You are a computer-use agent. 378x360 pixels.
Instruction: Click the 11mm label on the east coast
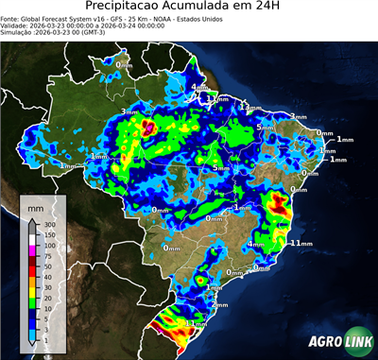[301, 243]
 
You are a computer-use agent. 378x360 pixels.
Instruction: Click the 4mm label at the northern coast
[200, 89]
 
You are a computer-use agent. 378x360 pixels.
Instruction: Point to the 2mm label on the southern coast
[220, 305]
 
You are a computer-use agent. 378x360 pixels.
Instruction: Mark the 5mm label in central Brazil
[218, 168]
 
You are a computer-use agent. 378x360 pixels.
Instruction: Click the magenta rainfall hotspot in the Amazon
[146, 124]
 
